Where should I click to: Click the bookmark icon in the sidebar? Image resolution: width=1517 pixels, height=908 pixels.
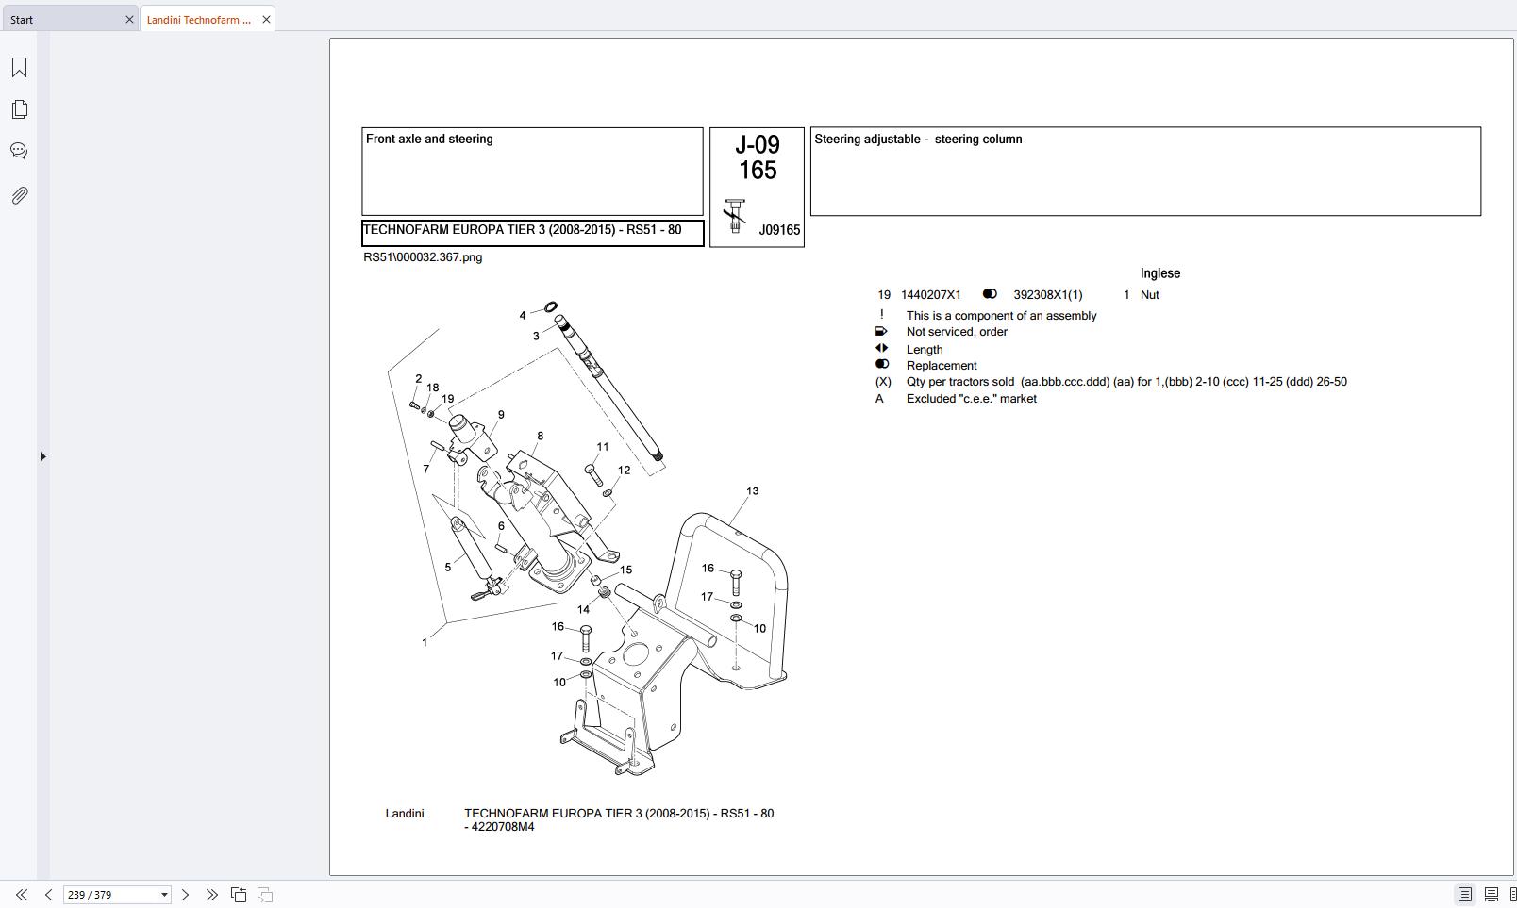tap(19, 68)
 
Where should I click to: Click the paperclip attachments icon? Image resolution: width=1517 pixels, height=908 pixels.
tap(19, 195)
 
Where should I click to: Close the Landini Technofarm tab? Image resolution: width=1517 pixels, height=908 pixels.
tap(266, 19)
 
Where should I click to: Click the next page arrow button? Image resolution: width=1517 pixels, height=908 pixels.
tap(185, 895)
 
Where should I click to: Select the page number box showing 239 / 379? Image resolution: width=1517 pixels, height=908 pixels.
tap(109, 895)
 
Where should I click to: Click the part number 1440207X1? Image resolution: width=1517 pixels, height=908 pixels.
tap(930, 295)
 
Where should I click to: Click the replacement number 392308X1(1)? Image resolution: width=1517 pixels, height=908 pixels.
tap(1047, 295)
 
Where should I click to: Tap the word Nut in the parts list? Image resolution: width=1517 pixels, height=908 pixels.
tap(1149, 295)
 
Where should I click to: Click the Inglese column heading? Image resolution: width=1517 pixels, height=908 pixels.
tap(1159, 273)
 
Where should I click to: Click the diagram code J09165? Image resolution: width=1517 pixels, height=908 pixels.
tap(779, 230)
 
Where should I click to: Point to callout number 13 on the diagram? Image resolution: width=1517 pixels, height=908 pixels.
tap(752, 491)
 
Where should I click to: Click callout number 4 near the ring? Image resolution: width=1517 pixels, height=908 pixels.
tap(523, 316)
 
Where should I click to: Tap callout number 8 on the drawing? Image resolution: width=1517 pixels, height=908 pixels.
tap(540, 437)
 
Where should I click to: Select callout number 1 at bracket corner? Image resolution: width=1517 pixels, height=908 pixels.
tap(425, 643)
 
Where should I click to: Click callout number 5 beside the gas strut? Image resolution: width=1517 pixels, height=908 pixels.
tap(447, 568)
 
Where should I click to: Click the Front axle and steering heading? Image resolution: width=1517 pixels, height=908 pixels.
tap(429, 140)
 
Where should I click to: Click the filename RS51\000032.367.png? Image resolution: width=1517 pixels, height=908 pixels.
tap(423, 257)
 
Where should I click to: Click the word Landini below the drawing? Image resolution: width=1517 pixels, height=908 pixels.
tap(404, 814)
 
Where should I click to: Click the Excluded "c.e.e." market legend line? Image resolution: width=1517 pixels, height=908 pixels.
tap(971, 399)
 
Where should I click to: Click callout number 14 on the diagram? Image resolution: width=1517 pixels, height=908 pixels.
tap(583, 610)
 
